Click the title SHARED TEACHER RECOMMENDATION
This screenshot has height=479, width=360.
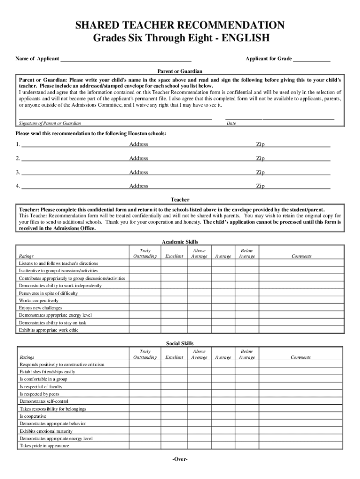coord(180,25)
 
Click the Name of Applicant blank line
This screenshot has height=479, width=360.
coord(126,59)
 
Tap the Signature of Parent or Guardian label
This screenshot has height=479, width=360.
coord(50,123)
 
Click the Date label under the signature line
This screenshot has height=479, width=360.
coord(231,123)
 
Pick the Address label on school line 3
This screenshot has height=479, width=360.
coord(139,172)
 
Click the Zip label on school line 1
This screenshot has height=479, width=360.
coord(260,144)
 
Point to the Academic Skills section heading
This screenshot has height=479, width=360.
coord(180,242)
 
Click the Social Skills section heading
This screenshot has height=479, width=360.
coord(180,343)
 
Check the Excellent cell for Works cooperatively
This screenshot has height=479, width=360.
coord(174,300)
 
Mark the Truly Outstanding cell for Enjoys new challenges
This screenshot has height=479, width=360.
coord(145,308)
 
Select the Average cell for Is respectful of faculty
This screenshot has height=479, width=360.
coord(223,387)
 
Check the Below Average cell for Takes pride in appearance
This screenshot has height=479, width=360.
coord(247,446)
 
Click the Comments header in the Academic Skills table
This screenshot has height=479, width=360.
coord(301,256)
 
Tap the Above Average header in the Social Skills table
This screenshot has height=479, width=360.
coord(199,354)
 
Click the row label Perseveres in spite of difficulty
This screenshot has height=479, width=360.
coord(48,293)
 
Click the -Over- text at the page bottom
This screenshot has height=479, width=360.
coord(180,459)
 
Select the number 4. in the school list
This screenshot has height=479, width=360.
coord(18,186)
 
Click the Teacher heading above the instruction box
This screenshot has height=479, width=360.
coord(180,200)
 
